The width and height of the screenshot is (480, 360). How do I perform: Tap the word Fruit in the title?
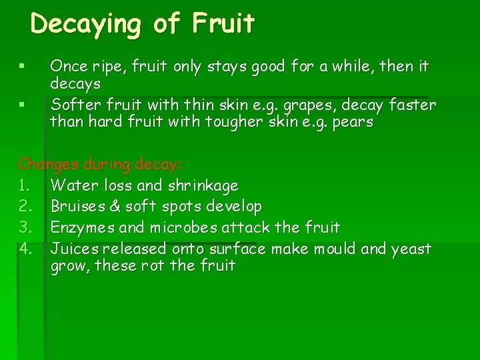(x=223, y=24)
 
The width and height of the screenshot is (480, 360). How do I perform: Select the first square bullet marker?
(x=22, y=67)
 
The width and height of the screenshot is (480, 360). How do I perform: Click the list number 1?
(x=24, y=185)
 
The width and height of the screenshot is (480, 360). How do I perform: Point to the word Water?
(x=74, y=185)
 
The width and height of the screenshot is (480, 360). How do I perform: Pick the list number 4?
(x=25, y=249)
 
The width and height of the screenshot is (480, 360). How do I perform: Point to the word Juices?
(x=73, y=249)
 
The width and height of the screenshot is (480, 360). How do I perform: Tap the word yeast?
(x=411, y=249)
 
